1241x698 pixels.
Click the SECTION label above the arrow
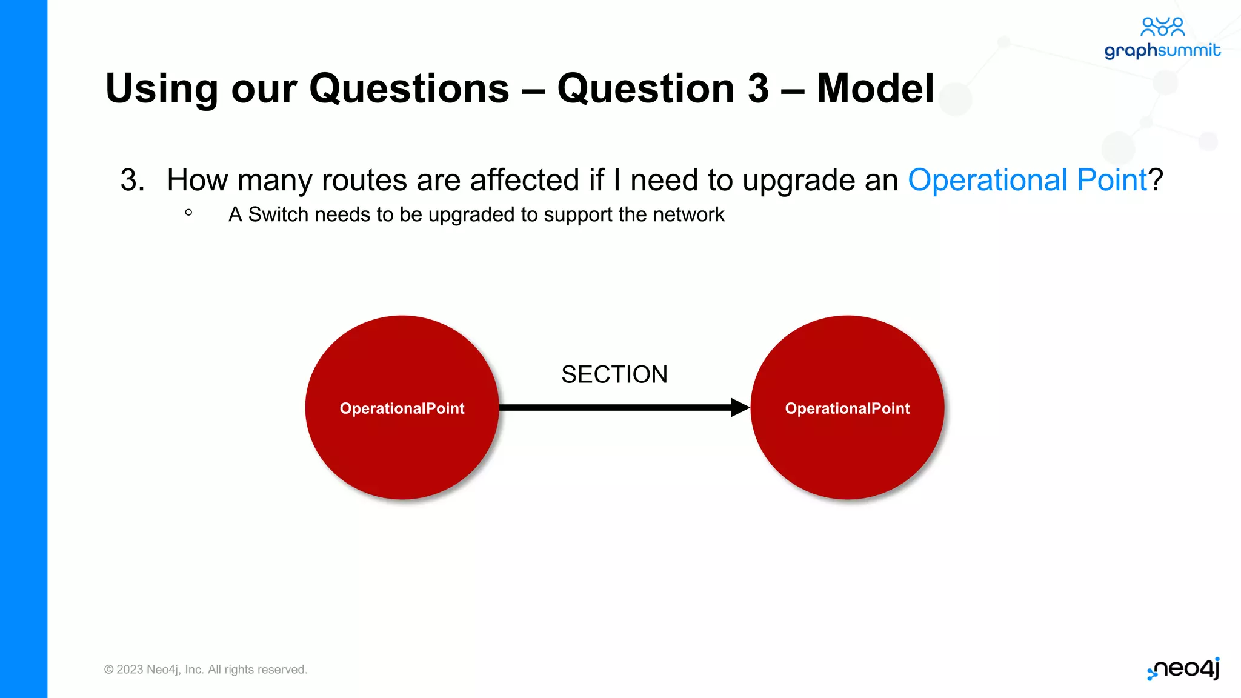point(614,374)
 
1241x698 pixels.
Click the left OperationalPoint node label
point(402,408)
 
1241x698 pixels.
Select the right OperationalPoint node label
point(847,408)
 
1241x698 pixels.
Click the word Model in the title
point(875,88)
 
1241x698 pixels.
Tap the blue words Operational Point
point(1027,180)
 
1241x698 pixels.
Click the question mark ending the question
point(1156,180)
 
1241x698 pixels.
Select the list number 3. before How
point(132,180)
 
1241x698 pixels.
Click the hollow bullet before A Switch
point(188,213)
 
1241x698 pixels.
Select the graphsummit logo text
point(1162,50)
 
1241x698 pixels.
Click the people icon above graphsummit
point(1162,27)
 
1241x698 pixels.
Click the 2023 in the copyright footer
point(130,670)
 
